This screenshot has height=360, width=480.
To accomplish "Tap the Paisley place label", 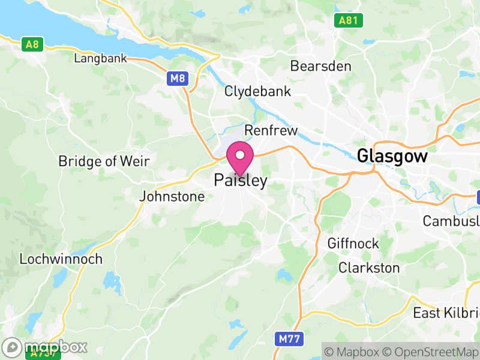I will [x=240, y=181].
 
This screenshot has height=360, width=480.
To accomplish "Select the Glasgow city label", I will [x=392, y=157].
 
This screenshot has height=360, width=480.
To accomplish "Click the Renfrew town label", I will [x=271, y=131].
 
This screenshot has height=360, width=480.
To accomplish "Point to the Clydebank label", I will [x=257, y=92].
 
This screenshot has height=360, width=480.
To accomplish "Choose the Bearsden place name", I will [x=320, y=66].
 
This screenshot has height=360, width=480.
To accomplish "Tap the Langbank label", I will [x=100, y=59].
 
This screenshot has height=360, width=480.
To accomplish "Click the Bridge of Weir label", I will [x=104, y=161].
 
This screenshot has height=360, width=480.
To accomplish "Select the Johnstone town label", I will [x=172, y=196].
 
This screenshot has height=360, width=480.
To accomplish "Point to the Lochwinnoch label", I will [x=61, y=259].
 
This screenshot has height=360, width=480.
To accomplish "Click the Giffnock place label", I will [x=353, y=244].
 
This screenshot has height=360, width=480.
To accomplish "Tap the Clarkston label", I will [x=369, y=268].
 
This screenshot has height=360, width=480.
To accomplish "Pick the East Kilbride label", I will [x=446, y=313].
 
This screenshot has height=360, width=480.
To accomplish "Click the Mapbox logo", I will [x=45, y=347].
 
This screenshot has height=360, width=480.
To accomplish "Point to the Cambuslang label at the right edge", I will [x=451, y=220].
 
